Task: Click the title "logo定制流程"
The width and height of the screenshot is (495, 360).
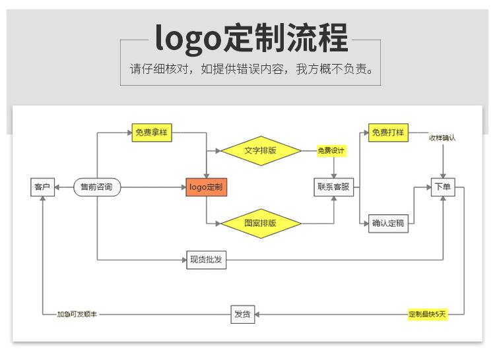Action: coord(251,38)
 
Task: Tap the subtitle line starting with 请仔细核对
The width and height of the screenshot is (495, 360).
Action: coord(251,69)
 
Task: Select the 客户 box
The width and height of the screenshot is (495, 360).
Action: coord(42,187)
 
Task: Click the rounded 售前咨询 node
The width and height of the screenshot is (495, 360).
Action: coord(96,187)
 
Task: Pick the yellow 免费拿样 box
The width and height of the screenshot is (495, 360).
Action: coord(151,133)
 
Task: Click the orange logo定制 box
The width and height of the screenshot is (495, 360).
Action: coord(207,187)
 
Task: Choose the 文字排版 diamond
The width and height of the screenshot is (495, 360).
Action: coord(260,150)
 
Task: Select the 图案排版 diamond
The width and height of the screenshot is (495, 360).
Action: coord(260,224)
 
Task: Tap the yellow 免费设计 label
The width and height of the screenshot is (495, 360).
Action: coord(331,151)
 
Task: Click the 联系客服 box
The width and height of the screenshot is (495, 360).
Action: coord(333,187)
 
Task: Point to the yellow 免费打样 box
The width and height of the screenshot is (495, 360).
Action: coord(389,133)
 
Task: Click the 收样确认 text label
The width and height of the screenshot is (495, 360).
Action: coord(442,138)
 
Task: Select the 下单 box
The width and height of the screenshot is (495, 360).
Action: coord(442,187)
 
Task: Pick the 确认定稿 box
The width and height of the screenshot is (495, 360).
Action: coord(388,224)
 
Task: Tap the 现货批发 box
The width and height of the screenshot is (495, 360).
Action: coord(207,260)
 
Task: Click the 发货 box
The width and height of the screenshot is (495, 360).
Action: coord(242,315)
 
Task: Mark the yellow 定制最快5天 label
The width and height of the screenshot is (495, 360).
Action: coord(428,315)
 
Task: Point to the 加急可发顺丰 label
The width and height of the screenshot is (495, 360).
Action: coord(77,315)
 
